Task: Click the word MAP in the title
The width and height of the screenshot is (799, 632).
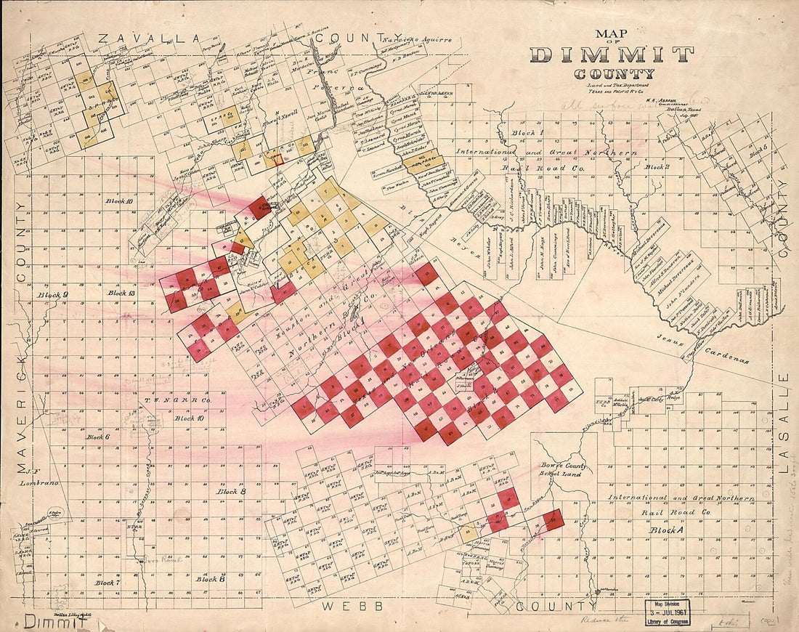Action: pyautogui.click(x=612, y=33)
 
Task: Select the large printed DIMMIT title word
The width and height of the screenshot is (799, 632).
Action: pyautogui.click(x=612, y=54)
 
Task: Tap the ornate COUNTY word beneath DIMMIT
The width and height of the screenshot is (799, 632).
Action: pyautogui.click(x=614, y=73)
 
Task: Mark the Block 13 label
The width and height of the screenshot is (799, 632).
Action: pyautogui.click(x=121, y=293)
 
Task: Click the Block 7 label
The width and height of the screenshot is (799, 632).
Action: pyautogui.click(x=107, y=583)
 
